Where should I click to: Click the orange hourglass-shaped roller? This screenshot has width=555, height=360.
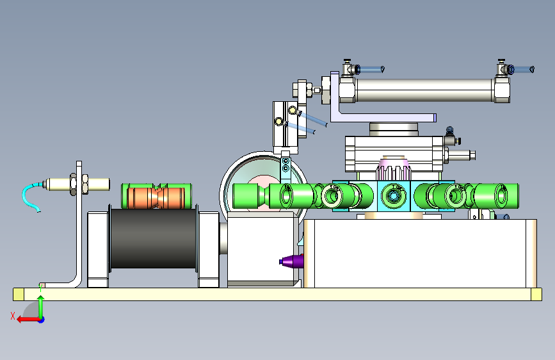(155, 197)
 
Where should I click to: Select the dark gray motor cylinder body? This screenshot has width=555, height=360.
(153, 238)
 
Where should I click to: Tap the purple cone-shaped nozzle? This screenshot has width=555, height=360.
(292, 261)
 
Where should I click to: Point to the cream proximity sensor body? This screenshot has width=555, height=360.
(76, 184)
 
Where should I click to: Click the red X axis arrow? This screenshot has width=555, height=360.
(29, 320)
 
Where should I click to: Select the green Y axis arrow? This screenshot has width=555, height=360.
(41, 307)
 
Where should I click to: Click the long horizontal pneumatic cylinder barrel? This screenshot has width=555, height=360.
(424, 90)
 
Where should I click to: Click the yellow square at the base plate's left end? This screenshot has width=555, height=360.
(19, 294)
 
